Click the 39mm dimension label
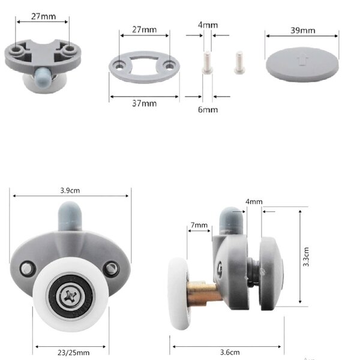(302, 31)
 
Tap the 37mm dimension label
(145, 104)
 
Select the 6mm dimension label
(208, 110)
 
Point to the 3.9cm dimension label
(70, 190)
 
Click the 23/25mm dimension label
(73, 352)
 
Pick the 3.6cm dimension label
(230, 352)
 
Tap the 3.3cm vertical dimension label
(306, 257)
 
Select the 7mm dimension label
(199, 225)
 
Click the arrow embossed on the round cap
(301, 59)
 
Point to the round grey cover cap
(302, 65)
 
